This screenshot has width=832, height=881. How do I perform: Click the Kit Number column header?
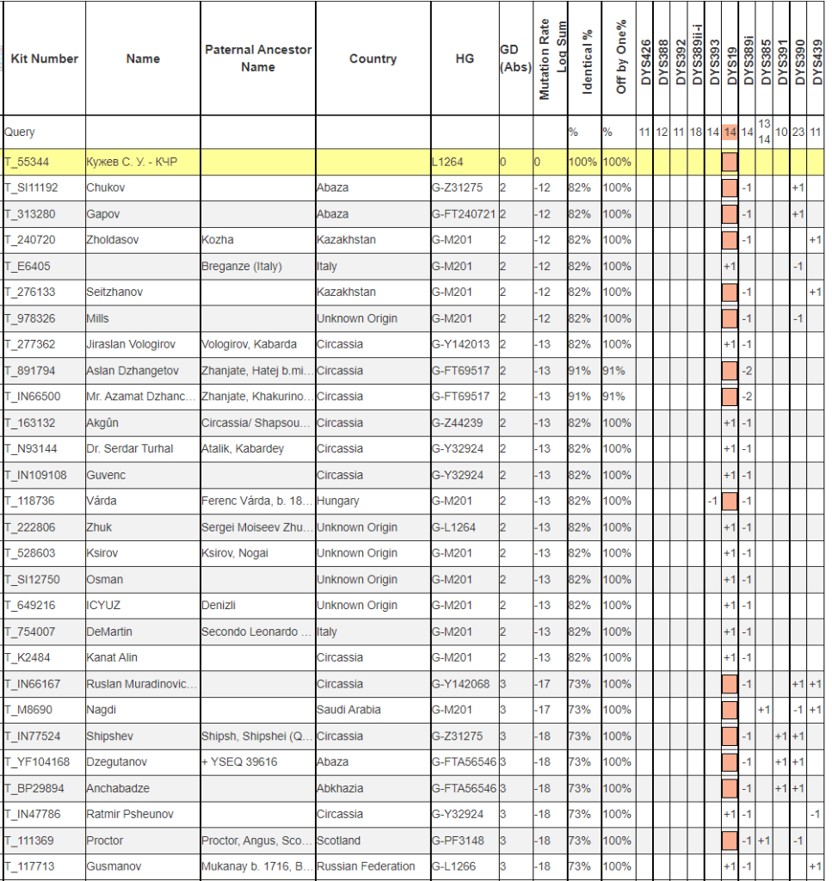coord(44,59)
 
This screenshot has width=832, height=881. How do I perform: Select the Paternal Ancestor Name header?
coord(257,59)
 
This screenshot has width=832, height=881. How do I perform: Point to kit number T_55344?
coord(29,162)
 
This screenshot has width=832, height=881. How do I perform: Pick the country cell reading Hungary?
coord(338,501)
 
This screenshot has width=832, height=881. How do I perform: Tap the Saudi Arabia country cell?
coord(348,710)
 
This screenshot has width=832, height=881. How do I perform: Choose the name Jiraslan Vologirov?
coord(131,344)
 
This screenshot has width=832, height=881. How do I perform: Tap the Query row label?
coord(20,132)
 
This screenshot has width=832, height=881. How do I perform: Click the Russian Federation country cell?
coord(366,866)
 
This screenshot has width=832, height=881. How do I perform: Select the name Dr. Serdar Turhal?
coord(129,448)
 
